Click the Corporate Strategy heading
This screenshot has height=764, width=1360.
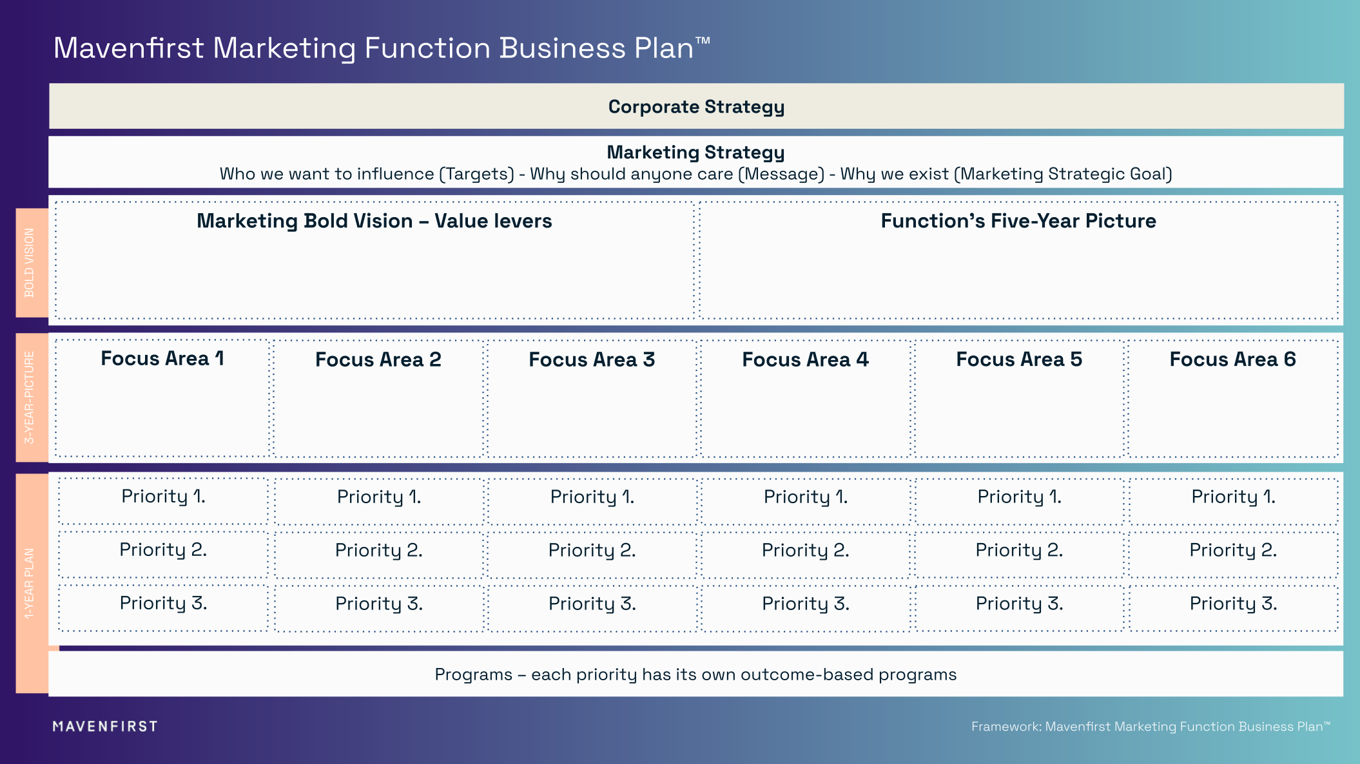696,106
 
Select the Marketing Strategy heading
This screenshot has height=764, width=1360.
695,152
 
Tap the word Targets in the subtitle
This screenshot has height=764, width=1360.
476,174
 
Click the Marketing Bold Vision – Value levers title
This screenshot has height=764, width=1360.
374,221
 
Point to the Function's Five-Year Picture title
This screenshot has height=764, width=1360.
1018,221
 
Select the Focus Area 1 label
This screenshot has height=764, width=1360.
162,358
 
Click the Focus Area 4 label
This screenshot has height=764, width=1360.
805,359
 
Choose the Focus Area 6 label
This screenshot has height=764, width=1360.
1232,359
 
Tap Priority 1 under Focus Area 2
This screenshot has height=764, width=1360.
378,497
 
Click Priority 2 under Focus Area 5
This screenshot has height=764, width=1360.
1018,550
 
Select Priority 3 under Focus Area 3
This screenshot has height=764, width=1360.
592,604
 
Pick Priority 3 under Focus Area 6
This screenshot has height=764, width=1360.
1232,604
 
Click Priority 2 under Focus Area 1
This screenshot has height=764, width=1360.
162,549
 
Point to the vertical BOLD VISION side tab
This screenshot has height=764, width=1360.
30,263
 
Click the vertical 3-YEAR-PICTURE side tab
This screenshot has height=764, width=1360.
30,397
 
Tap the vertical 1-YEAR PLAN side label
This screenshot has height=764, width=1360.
30,584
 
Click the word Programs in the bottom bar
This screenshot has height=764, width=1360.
473,674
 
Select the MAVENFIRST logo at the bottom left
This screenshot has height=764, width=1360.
105,727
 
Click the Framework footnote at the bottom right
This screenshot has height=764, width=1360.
1151,727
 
